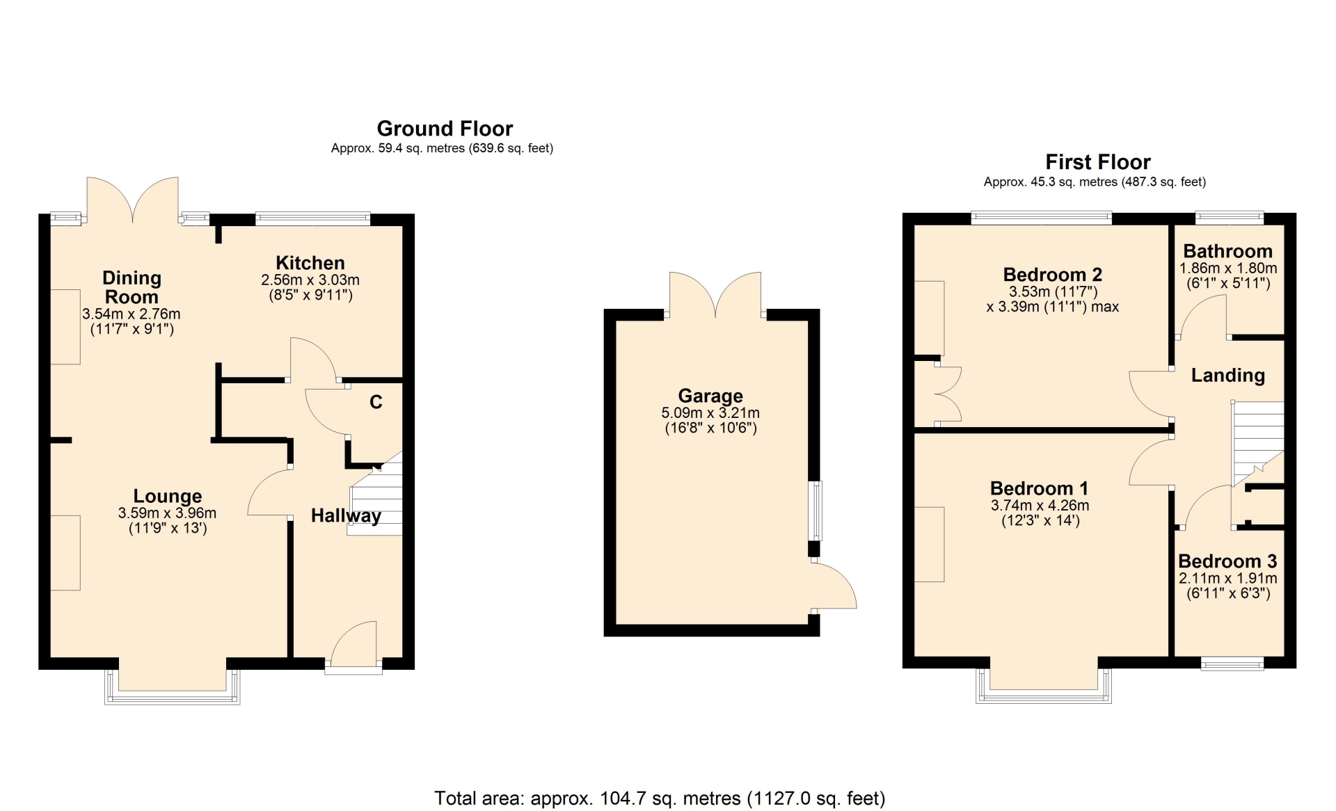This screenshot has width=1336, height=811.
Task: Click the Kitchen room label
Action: [310, 263]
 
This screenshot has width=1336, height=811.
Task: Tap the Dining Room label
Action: [132, 287]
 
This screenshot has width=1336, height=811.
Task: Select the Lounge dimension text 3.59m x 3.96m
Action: [167, 513]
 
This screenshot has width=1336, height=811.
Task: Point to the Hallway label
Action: [346, 515]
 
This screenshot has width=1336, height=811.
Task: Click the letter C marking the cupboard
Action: [376, 402]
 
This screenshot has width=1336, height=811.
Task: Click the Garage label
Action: [710, 396]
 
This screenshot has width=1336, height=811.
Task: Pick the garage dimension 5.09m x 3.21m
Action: [710, 413]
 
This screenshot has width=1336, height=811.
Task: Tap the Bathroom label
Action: [1228, 251]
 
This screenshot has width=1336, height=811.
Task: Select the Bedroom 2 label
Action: [1053, 275]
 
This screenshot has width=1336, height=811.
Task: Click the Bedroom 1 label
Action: [1040, 488]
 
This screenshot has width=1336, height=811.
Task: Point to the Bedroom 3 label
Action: [1228, 561]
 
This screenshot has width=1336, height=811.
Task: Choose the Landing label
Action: [1228, 376]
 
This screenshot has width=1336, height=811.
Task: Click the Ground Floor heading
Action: [445, 129]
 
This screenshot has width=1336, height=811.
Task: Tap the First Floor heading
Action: [1098, 162]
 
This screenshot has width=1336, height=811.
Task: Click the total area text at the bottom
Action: [660, 798]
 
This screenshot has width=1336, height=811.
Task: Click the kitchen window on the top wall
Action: [312, 219]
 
